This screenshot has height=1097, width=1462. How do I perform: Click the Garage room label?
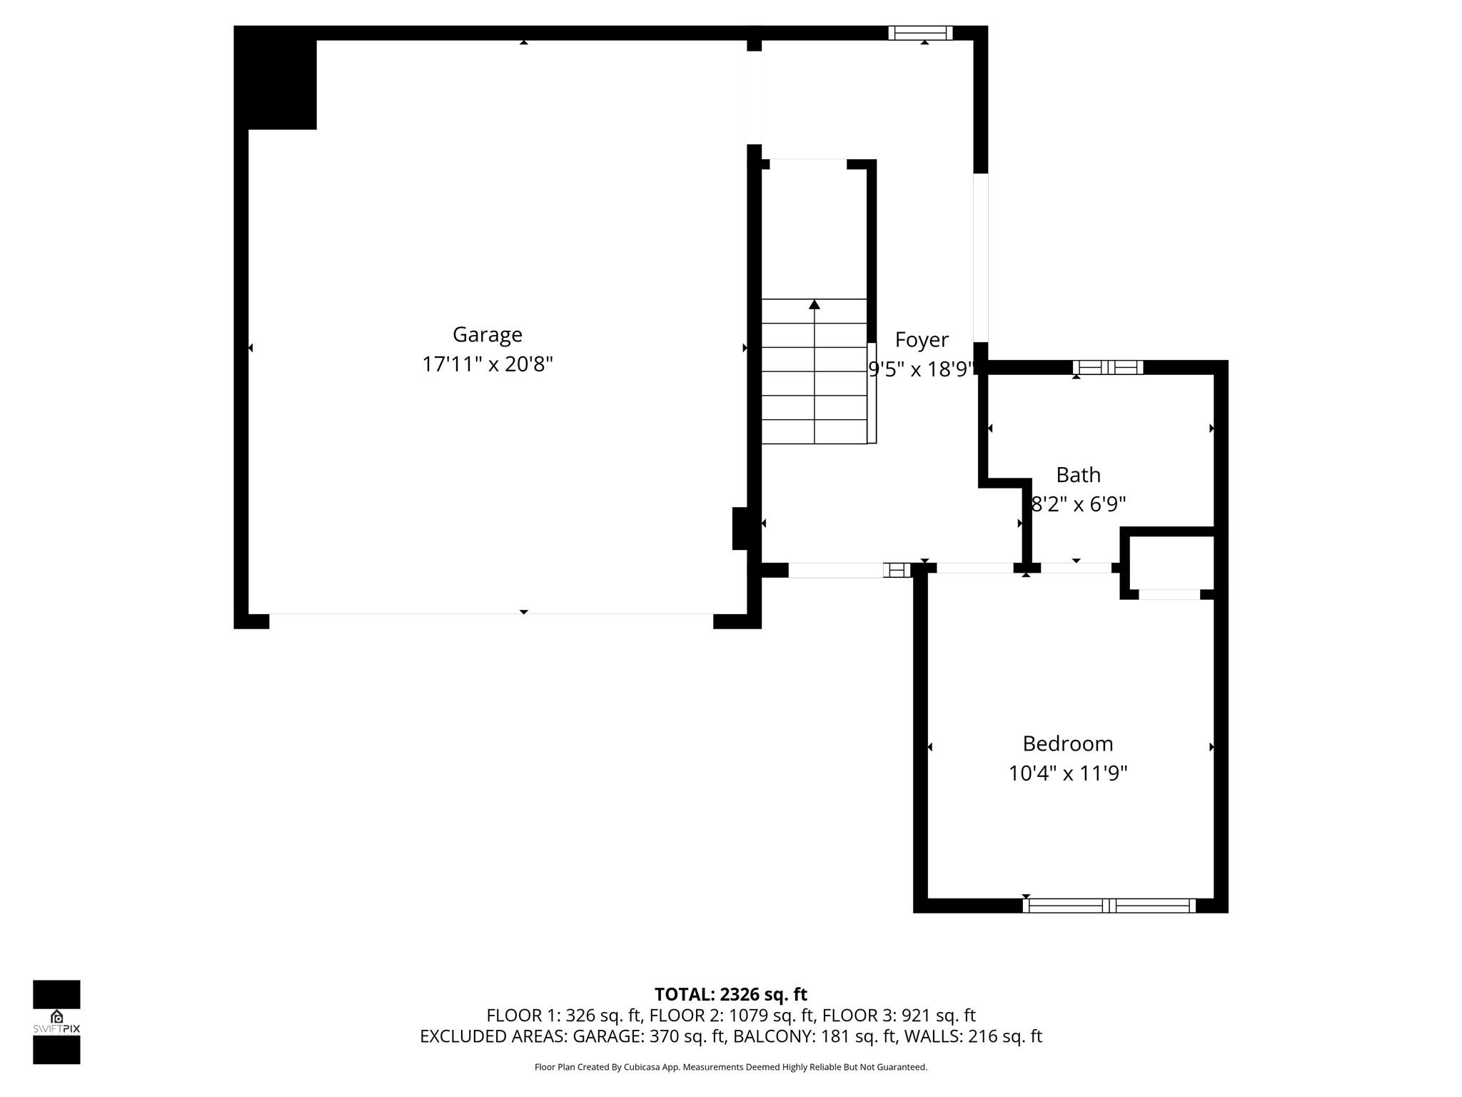pyautogui.click(x=487, y=334)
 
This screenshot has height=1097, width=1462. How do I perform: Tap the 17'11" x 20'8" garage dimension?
pyautogui.click(x=487, y=364)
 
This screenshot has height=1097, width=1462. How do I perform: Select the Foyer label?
pyautogui.click(x=922, y=339)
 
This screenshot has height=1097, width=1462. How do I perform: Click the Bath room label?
pyautogui.click(x=1078, y=474)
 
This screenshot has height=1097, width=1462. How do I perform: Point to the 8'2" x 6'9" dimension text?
pyautogui.click(x=1078, y=504)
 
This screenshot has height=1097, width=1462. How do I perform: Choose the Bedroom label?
pyautogui.click(x=1067, y=743)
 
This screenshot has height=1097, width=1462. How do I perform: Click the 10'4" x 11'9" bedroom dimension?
pyautogui.click(x=1067, y=773)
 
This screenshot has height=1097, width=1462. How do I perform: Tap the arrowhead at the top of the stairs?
pyautogui.click(x=815, y=305)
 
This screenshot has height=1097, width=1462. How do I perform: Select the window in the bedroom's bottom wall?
pyautogui.click(x=1109, y=906)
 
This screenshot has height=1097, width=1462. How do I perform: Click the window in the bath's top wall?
pyautogui.click(x=1108, y=368)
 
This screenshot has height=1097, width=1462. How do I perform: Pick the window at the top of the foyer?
pyautogui.click(x=920, y=33)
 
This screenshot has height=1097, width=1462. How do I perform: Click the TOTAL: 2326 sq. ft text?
pyautogui.click(x=730, y=994)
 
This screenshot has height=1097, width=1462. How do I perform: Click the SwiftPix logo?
pyautogui.click(x=56, y=1021)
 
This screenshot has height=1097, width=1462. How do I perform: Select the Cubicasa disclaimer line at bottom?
pyautogui.click(x=730, y=1067)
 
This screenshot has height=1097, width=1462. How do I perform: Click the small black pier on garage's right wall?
pyautogui.click(x=740, y=529)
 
